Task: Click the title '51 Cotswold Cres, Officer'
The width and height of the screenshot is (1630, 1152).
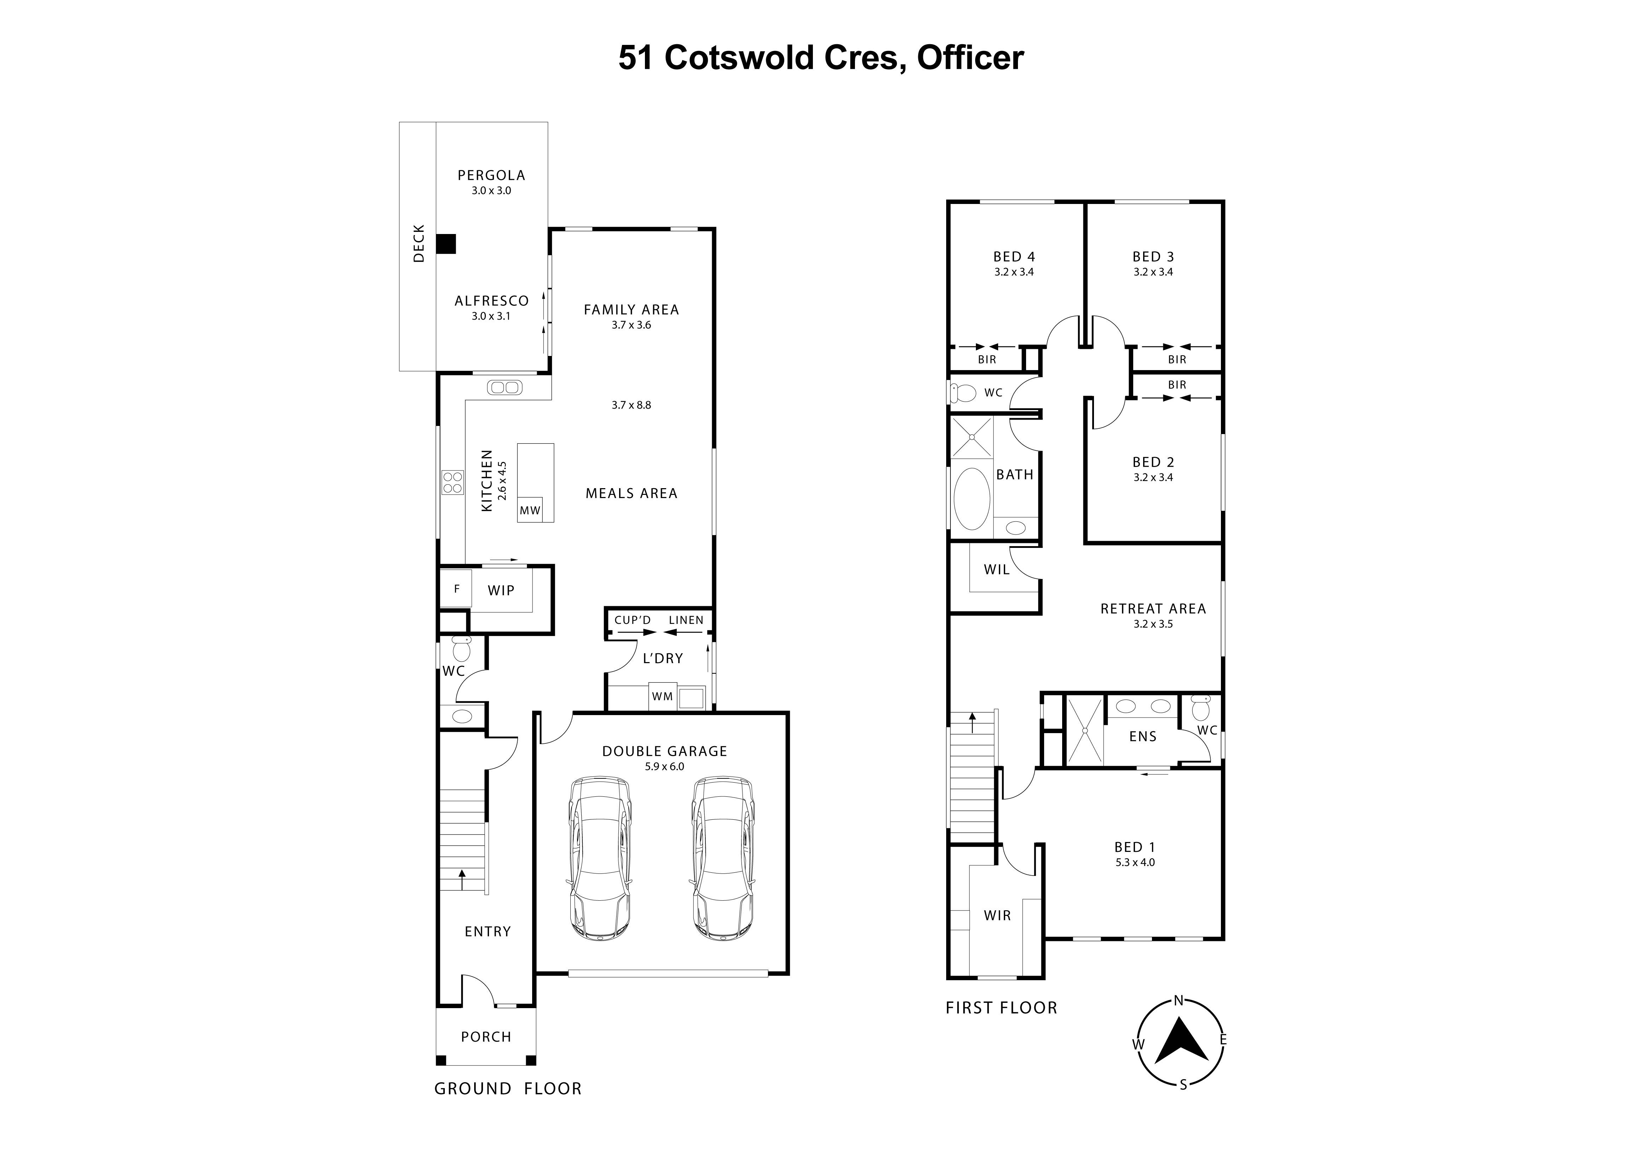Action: click(821, 58)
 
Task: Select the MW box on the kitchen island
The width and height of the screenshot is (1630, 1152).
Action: click(530, 510)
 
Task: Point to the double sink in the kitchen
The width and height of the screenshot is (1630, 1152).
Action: click(505, 387)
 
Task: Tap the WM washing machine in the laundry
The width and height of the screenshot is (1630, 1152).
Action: click(662, 696)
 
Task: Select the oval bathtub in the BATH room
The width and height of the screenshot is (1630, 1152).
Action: click(971, 498)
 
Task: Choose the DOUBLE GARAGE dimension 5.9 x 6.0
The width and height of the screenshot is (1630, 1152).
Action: click(664, 767)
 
